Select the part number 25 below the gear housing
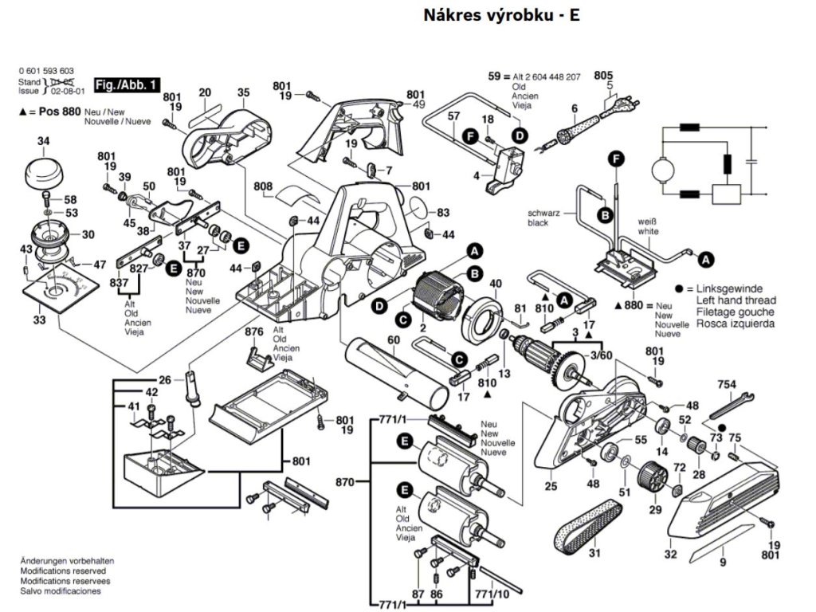pos(551,486)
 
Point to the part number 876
pos(254,331)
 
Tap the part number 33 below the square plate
pos(39,320)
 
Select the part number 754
pos(725,384)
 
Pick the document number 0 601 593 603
pos(46,72)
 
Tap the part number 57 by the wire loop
pos(453,116)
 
